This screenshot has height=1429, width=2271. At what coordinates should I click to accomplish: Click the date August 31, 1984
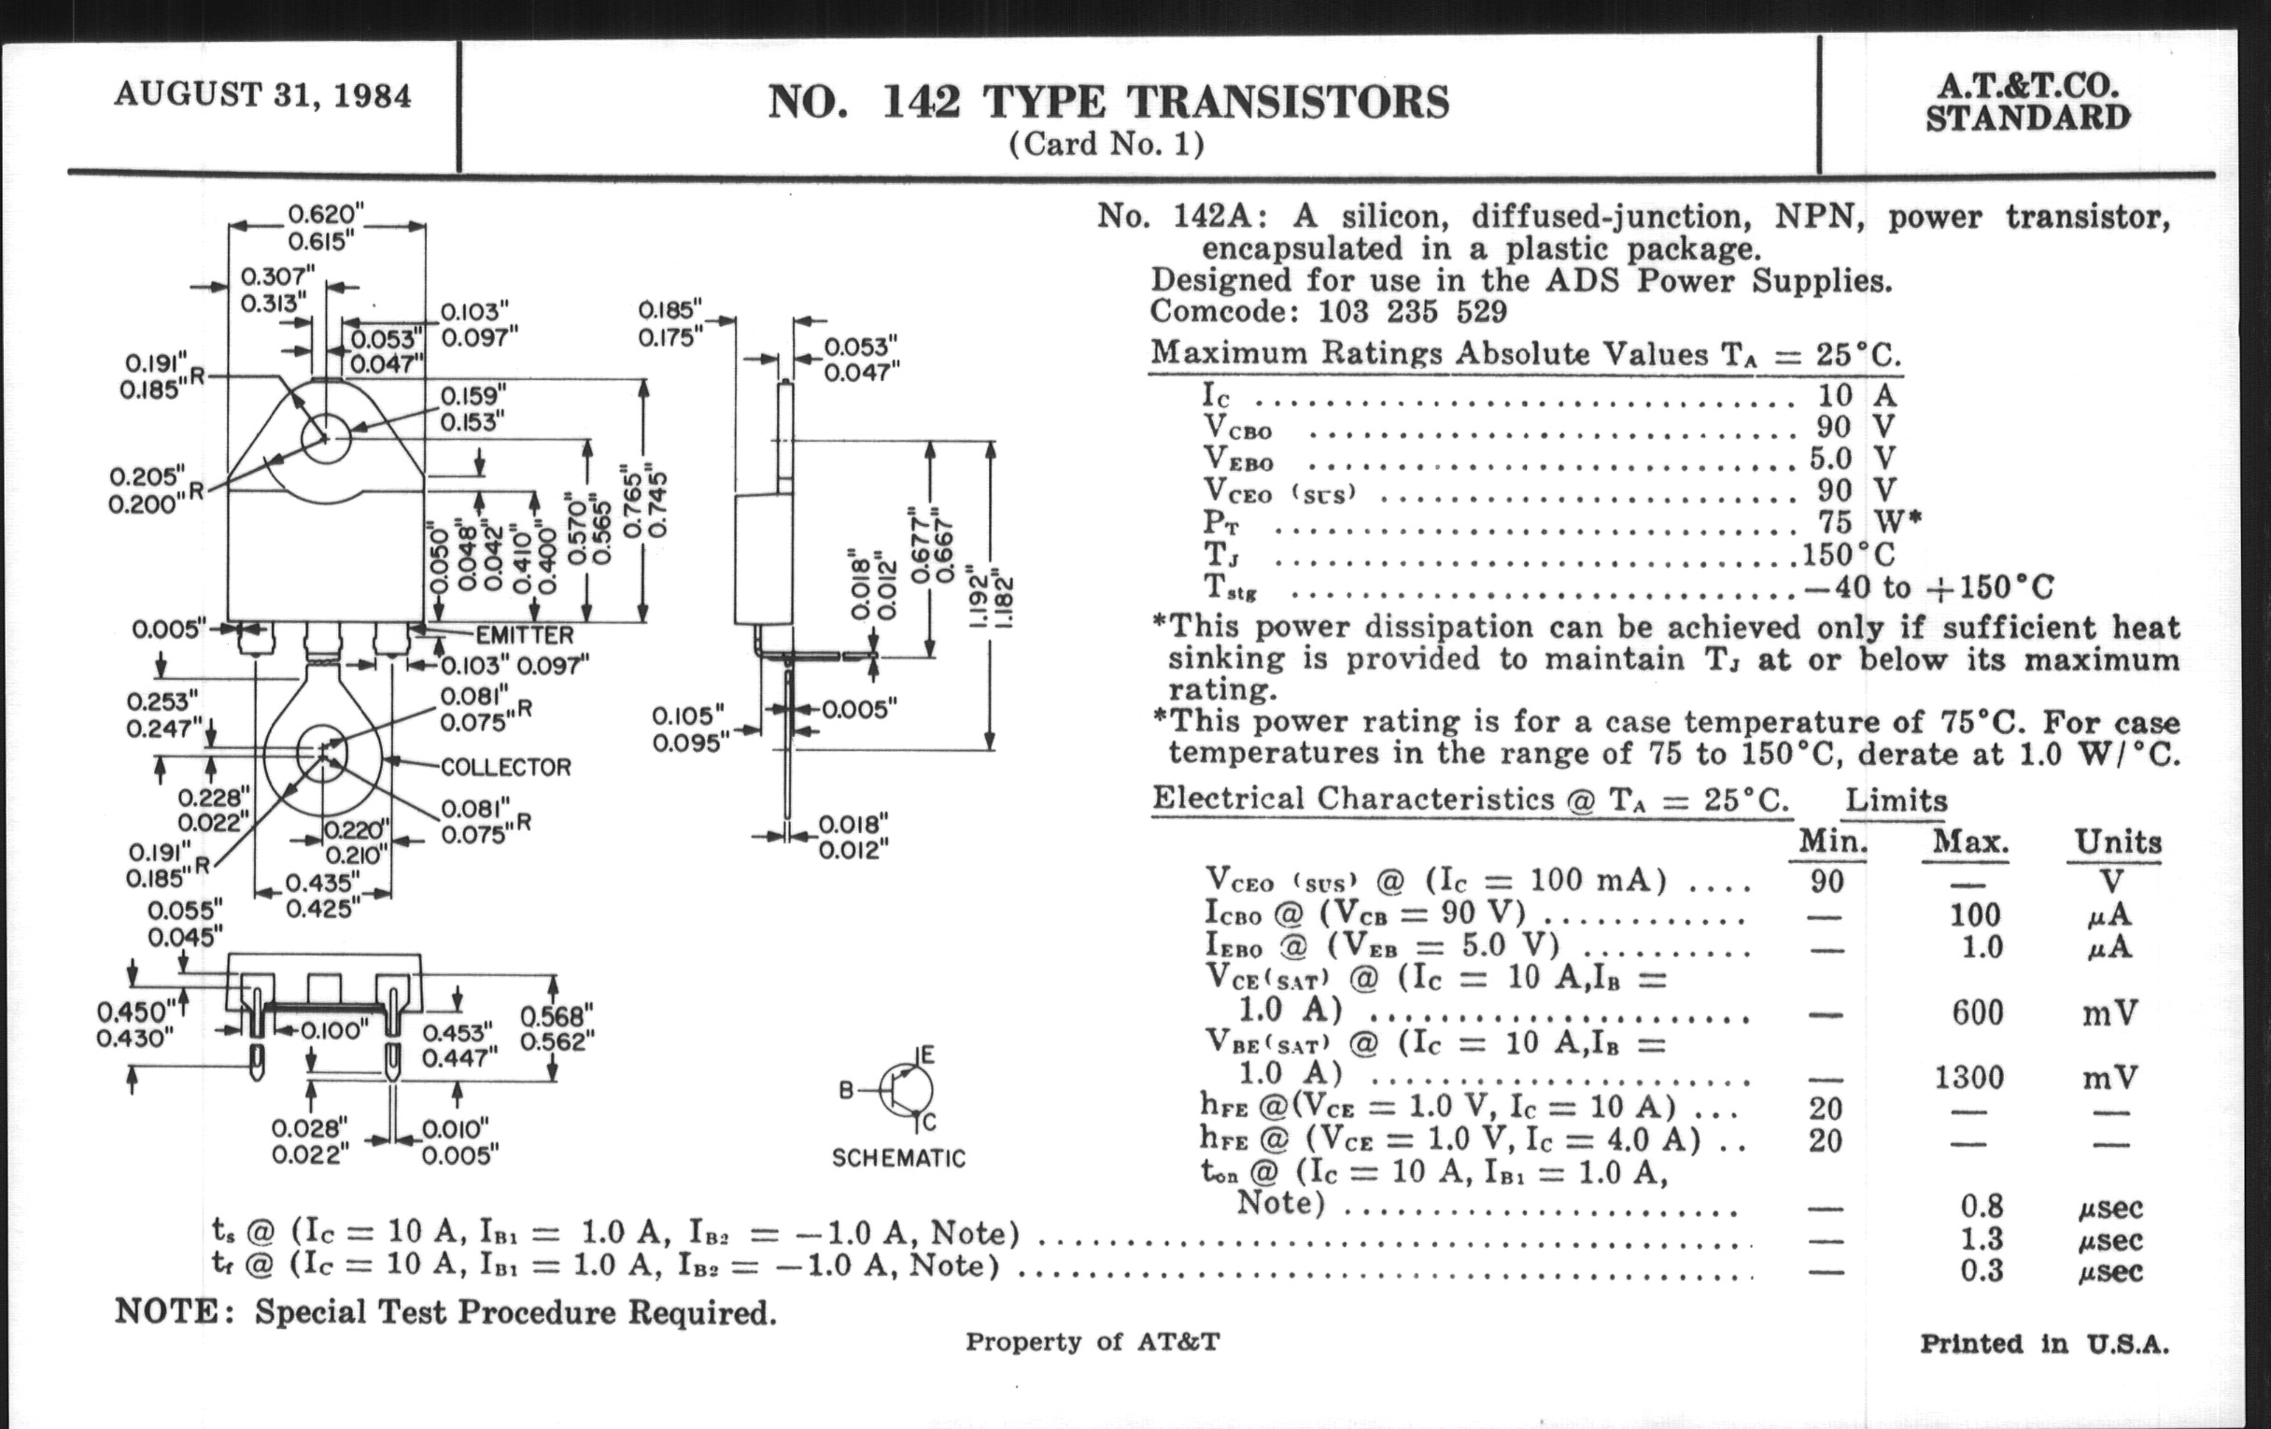[262, 96]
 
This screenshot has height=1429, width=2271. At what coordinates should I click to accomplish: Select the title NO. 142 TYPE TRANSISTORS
[1108, 102]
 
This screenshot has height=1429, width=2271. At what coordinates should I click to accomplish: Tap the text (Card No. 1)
[1107, 145]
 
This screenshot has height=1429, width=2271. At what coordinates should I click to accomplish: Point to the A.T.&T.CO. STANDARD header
[2027, 102]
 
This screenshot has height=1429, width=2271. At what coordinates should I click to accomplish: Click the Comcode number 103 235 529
[1412, 310]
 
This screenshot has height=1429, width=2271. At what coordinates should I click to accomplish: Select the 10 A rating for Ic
[1857, 394]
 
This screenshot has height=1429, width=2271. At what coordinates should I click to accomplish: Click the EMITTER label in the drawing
[524, 635]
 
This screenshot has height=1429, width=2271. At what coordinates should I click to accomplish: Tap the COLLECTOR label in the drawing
[505, 767]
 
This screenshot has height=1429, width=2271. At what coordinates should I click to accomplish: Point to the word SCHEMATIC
[898, 1157]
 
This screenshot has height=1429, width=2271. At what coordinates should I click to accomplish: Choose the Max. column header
[1970, 841]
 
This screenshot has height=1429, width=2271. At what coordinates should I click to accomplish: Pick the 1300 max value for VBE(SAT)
[1969, 1076]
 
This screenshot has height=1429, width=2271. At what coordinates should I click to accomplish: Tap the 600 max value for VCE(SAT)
[1977, 1012]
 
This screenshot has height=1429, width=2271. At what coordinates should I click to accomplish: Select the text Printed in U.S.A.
[2044, 1343]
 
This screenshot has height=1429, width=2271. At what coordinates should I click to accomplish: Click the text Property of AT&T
[1093, 1341]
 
